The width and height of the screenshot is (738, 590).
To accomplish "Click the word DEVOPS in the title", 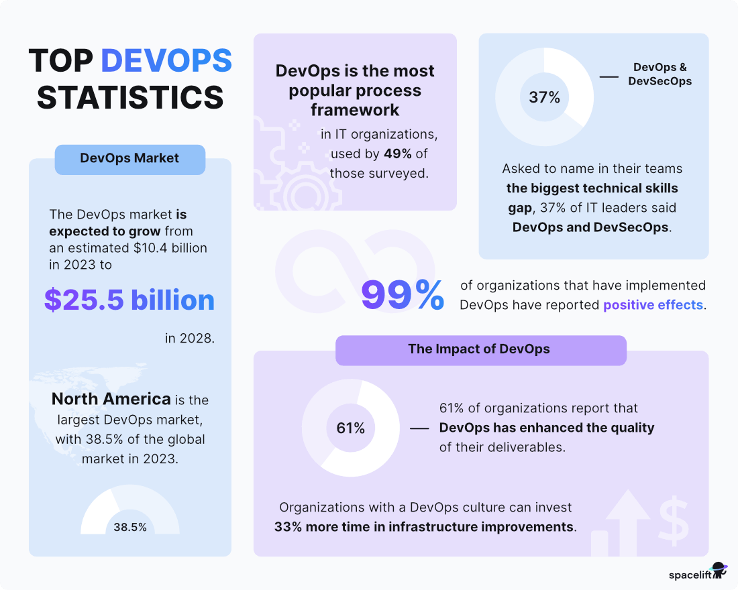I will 166,62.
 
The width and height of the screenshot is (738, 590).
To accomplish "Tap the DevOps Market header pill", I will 129,159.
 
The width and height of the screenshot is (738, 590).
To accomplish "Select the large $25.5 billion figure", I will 129,300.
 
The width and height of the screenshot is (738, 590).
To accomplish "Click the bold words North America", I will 111,400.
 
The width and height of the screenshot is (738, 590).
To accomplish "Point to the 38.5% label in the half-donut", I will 129,527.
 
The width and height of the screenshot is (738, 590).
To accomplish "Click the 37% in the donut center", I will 544,97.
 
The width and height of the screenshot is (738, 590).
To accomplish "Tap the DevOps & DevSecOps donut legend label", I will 660,74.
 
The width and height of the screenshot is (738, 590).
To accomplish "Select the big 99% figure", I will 403,295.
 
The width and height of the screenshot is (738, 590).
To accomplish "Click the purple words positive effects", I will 653,305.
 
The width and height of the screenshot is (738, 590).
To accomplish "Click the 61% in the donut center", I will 351,428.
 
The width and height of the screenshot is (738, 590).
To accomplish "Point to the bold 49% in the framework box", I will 398,154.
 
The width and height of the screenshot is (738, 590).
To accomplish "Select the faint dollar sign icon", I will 673,513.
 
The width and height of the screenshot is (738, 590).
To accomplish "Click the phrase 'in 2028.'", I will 190,338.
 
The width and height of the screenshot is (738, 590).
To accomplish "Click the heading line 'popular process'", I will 355,91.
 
